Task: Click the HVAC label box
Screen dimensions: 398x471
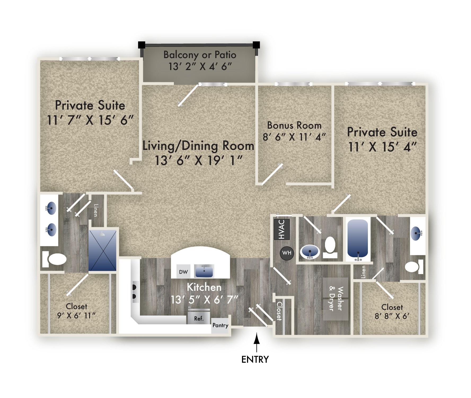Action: [281, 229]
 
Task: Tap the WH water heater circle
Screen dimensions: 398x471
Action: [287, 253]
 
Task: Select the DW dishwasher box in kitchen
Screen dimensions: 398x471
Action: [183, 272]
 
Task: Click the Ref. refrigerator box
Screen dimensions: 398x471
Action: [199, 318]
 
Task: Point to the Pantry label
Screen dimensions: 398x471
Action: [220, 325]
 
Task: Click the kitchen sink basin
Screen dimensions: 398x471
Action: [204, 271]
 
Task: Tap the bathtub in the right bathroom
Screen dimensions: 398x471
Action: [358, 239]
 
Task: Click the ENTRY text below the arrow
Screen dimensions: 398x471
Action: [255, 360]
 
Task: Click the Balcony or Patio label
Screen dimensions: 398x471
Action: [200, 55]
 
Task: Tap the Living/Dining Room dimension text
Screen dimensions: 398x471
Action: [199, 161]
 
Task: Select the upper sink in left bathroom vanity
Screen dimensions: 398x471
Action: [51, 208]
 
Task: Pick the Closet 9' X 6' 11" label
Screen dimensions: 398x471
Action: [76, 311]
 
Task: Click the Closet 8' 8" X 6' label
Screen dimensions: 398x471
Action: [392, 312]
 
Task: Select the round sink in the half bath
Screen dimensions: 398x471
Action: [310, 252]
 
